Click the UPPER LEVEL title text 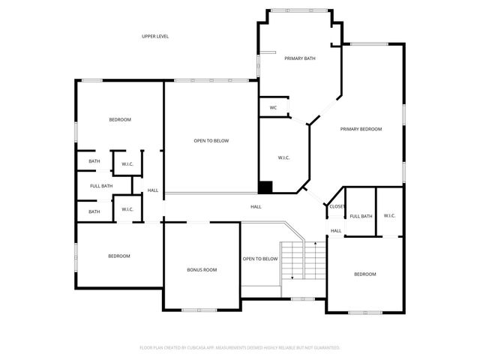[x=155, y=36]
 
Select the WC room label [x=274, y=107]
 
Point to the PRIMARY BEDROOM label [x=361, y=129]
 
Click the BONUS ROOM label [x=202, y=269]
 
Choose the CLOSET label [x=337, y=206]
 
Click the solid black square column [x=265, y=187]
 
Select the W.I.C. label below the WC [x=284, y=157]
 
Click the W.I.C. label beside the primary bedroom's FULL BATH [x=389, y=216]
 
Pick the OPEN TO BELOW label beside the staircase [x=260, y=259]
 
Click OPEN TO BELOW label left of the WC [x=211, y=140]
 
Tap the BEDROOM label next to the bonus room [x=119, y=256]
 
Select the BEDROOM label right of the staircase [x=365, y=274]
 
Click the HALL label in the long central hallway [x=256, y=206]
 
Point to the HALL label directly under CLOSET [x=336, y=230]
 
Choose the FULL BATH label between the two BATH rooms [x=101, y=186]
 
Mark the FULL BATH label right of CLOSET [x=361, y=216]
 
